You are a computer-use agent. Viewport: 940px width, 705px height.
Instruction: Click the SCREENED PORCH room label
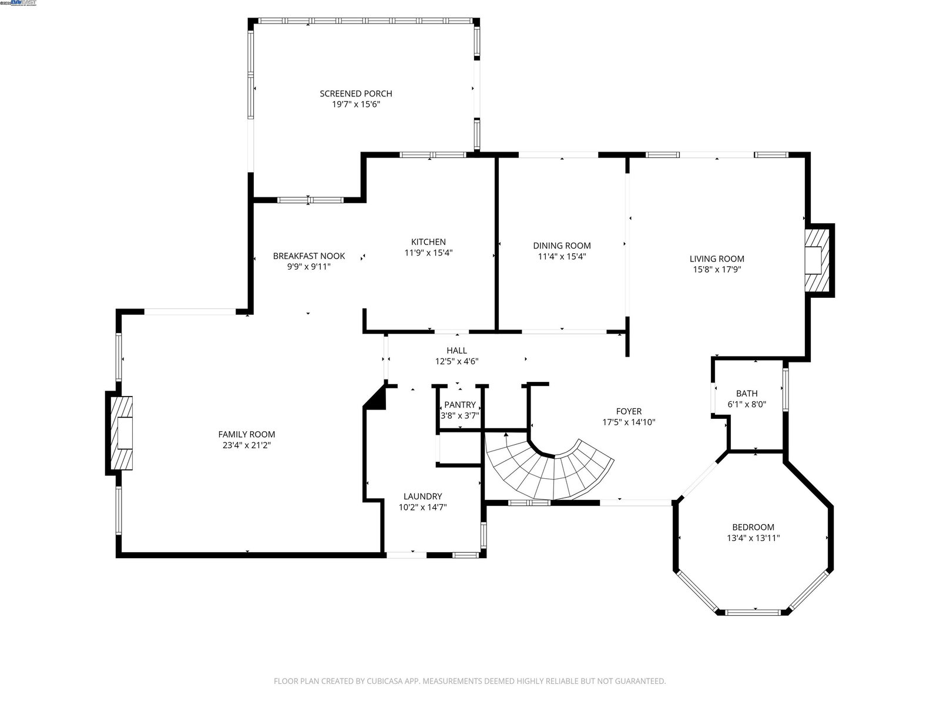[x=356, y=93]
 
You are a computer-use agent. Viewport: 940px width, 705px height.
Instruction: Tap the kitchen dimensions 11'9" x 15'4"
[x=428, y=253]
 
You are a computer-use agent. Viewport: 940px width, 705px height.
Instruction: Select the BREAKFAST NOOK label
[x=309, y=256]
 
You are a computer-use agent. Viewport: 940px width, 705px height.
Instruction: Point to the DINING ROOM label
[x=562, y=246]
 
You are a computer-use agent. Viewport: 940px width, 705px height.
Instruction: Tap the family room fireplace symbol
[x=122, y=433]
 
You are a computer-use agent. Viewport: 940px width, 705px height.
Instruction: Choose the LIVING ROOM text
[x=717, y=258]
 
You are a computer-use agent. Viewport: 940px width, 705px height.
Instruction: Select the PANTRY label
[x=460, y=405]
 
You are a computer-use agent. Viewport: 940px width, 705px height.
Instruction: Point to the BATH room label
[x=747, y=394]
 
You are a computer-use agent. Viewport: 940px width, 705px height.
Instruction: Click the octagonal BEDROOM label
[x=753, y=528]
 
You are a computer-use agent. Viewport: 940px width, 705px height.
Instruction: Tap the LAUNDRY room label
[x=422, y=496]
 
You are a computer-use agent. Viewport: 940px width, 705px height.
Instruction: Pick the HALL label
[x=457, y=351]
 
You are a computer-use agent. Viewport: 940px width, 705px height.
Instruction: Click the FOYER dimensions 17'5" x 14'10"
[x=629, y=422]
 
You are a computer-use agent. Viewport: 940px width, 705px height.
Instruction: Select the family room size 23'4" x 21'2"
[x=247, y=445]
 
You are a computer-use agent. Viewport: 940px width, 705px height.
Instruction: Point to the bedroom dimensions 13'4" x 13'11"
[x=753, y=538]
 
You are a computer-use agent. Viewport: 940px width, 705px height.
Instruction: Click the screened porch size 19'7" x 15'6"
[x=356, y=105]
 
